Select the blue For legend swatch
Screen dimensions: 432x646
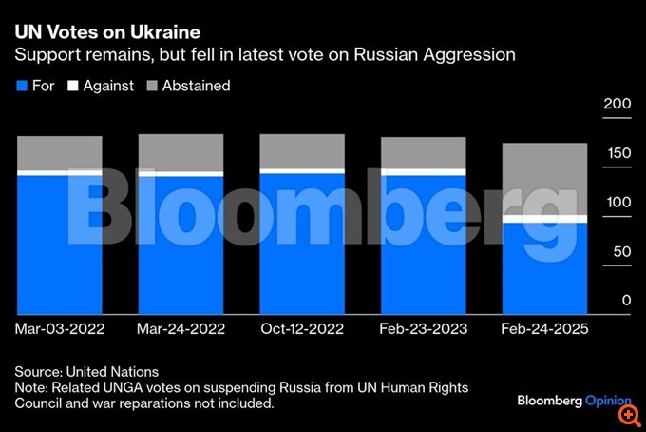(23, 86)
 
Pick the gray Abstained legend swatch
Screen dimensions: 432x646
(151, 86)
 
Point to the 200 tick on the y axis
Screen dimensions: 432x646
(617, 103)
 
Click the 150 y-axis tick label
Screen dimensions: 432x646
(617, 152)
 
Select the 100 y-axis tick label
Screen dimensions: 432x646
(617, 202)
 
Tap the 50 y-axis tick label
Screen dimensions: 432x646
(620, 251)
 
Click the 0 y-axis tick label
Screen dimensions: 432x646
(624, 301)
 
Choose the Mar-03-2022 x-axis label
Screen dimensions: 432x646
(60, 329)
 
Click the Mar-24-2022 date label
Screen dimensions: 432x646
(181, 329)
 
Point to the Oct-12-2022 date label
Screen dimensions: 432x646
(302, 329)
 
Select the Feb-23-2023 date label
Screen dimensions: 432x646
(424, 329)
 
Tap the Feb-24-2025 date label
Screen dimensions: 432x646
(544, 329)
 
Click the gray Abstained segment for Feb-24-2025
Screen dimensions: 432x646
(544, 179)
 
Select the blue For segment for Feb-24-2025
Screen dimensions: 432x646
(544, 268)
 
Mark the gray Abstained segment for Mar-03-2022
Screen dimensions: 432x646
(60, 152)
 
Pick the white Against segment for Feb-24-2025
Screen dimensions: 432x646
(544, 219)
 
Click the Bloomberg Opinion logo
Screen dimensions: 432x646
(566, 400)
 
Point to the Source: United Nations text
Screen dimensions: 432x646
(86, 372)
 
